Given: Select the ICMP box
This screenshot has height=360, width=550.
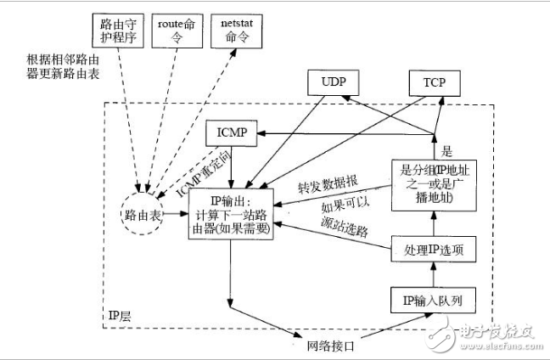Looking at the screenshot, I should [232, 133].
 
